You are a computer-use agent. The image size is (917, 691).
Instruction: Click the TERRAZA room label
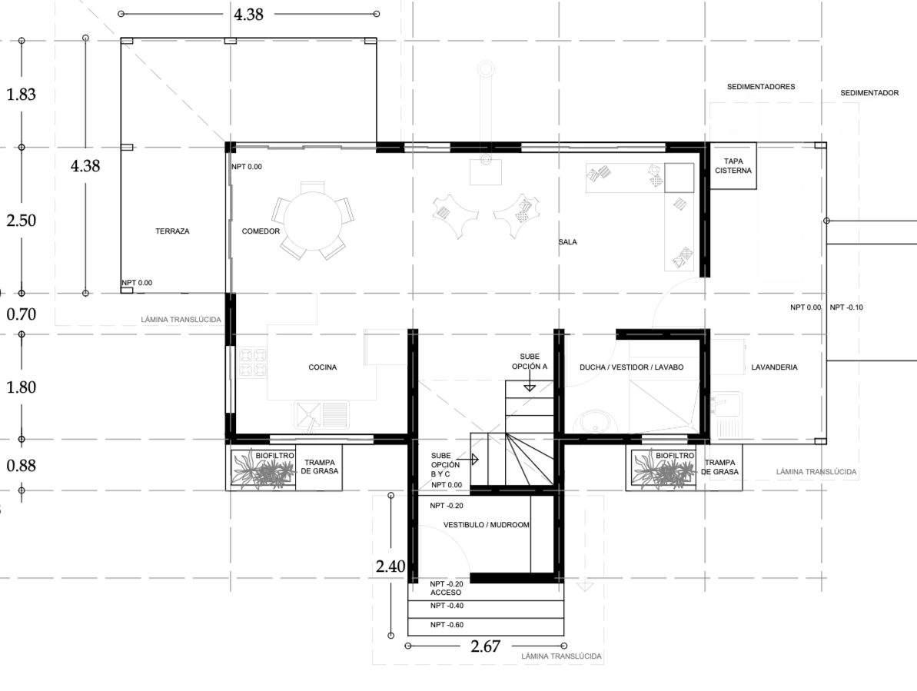coord(172,231)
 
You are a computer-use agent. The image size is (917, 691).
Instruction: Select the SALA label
coord(567,242)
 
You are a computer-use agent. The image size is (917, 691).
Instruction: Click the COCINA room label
coord(323,367)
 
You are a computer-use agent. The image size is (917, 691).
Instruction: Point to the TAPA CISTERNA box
coord(733,166)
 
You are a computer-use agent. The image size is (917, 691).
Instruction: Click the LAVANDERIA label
coord(774,367)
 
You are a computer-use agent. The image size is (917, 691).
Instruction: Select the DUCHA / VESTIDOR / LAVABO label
coord(632,367)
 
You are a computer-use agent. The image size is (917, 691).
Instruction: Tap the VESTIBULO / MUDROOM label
coord(486,525)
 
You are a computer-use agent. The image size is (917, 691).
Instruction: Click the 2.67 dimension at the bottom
coord(485,646)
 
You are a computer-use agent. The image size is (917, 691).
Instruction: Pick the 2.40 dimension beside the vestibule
coord(390,566)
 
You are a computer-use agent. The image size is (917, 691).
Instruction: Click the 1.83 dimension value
coord(21,94)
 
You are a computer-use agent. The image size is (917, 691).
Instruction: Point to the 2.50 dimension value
coord(21,221)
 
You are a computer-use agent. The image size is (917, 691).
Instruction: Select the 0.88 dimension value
coord(21,466)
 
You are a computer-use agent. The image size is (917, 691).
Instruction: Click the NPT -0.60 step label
coord(447,625)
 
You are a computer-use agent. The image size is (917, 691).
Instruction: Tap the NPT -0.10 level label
coord(846,307)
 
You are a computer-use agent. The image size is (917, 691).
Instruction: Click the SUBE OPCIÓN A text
coord(530,362)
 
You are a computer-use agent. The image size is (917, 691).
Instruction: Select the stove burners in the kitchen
coord(252,363)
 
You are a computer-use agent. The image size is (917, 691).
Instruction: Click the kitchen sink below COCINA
coord(321,414)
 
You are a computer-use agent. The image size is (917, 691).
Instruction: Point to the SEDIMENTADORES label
coord(761,87)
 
